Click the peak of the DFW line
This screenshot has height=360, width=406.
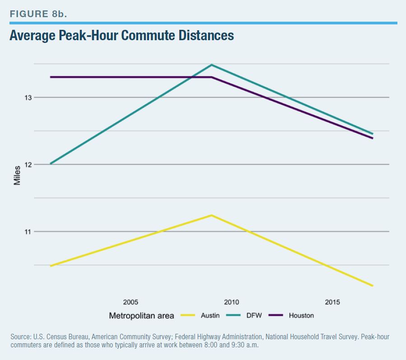coord(211,65)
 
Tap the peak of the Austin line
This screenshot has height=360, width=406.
coord(211,215)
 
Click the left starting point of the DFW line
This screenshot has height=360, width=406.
coord(51,164)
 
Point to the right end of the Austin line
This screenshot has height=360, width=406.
coord(373,285)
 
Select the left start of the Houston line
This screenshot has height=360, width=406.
coord(51,77)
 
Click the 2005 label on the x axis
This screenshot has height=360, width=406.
coord(131,302)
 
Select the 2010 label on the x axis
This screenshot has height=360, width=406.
coord(232,302)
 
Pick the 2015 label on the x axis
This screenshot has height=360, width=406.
coord(332,302)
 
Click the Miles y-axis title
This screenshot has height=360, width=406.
coord(17,176)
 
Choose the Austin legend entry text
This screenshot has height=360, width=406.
coord(210,316)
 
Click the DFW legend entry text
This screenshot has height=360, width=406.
coord(254,316)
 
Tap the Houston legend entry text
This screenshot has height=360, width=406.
coord(301,316)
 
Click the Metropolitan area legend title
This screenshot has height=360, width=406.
coord(141,316)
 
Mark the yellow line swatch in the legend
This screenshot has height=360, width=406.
coord(188,315)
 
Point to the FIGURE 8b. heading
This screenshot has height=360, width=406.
coord(38,14)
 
